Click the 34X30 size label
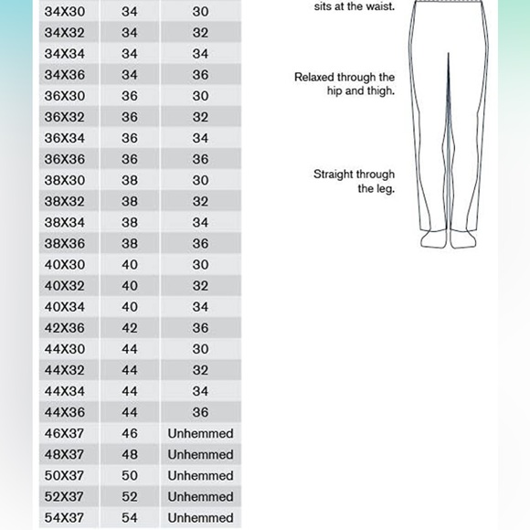(x=65, y=12)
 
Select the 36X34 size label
(x=65, y=138)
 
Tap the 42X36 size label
(x=65, y=328)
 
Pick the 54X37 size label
(x=65, y=518)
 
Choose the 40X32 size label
(x=65, y=286)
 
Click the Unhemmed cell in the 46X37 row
(x=200, y=433)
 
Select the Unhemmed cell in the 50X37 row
(x=200, y=475)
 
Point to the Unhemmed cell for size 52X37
(x=200, y=496)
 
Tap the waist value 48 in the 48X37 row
(x=130, y=454)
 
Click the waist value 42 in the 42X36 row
(x=130, y=328)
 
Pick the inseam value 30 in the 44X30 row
(x=200, y=349)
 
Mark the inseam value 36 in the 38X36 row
(x=200, y=244)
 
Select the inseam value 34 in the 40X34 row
(x=200, y=307)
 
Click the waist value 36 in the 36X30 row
(x=130, y=96)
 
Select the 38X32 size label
(x=65, y=202)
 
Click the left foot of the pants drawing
(x=434, y=240)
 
